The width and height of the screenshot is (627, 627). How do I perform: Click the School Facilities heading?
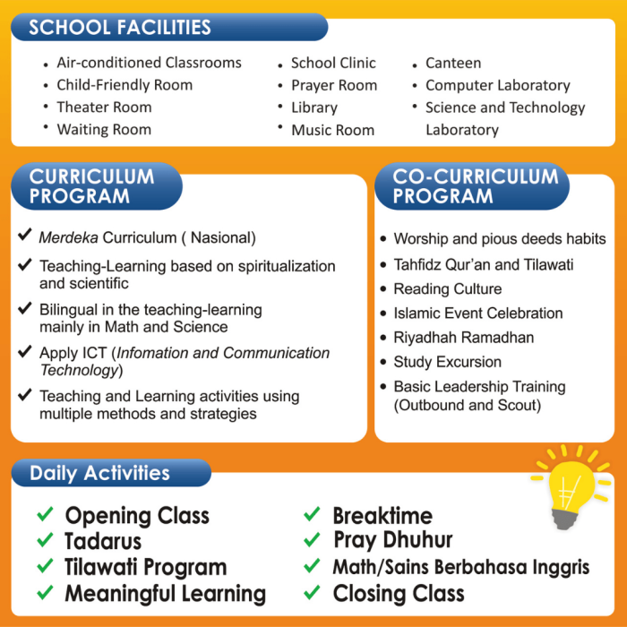pyautogui.click(x=120, y=27)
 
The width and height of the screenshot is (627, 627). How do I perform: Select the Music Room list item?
pyautogui.click(x=333, y=130)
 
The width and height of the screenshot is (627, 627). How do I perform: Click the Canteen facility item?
pyautogui.click(x=452, y=64)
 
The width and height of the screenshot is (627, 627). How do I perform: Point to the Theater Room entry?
pyautogui.click(x=104, y=107)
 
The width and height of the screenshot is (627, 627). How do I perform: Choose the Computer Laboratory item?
pyautogui.click(x=497, y=86)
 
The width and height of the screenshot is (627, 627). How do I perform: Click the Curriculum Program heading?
pyautogui.click(x=91, y=186)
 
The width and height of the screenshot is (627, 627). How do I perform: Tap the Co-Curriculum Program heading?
pyautogui.click(x=475, y=186)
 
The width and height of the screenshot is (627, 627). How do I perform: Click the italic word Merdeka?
pyautogui.click(x=67, y=238)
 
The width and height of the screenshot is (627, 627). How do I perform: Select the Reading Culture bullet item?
pyautogui.click(x=447, y=289)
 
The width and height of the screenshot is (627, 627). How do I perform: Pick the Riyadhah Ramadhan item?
pyautogui.click(x=463, y=338)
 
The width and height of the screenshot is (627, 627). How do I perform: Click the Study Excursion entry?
pyautogui.click(x=447, y=362)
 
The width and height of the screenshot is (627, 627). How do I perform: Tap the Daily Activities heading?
pyautogui.click(x=99, y=473)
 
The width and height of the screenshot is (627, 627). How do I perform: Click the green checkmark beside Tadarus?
pyautogui.click(x=45, y=541)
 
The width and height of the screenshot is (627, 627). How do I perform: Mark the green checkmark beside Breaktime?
pyautogui.click(x=312, y=515)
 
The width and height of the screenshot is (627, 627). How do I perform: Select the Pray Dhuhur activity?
pyautogui.click(x=392, y=540)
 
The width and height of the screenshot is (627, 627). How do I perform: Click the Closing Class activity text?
pyautogui.click(x=398, y=593)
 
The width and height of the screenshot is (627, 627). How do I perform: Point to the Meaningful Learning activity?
pyautogui.click(x=165, y=593)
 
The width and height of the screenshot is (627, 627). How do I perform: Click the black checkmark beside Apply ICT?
pyautogui.click(x=25, y=352)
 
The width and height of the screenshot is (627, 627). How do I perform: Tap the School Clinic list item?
pyautogui.click(x=333, y=64)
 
